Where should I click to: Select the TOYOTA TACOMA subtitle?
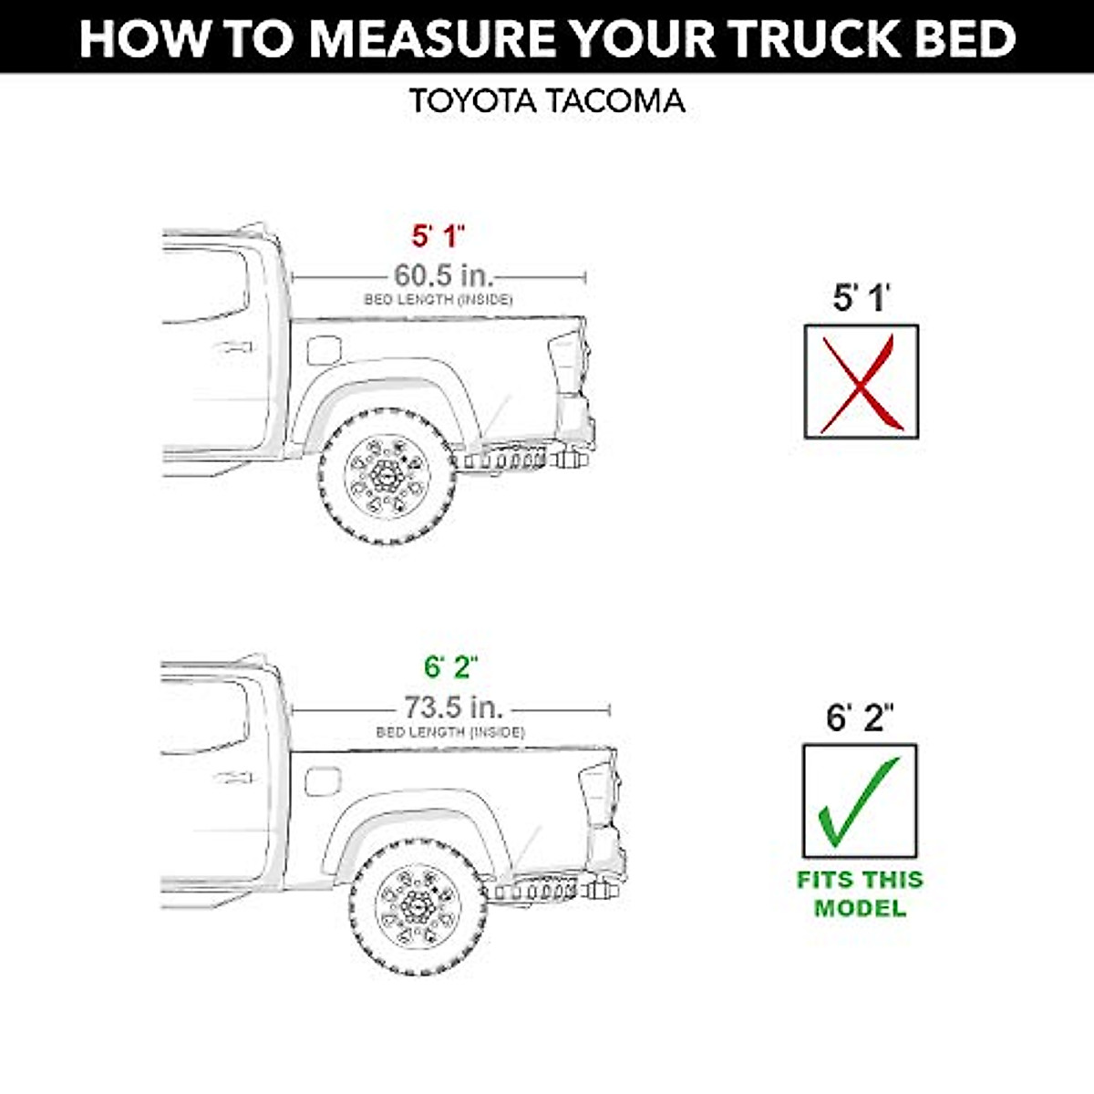pos(547,100)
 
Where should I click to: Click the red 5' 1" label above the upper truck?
pos(438,236)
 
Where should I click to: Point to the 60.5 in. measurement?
pos(443,275)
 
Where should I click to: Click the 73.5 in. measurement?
pos(453,707)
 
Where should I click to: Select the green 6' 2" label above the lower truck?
pos(451,667)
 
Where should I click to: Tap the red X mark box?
pos(861,382)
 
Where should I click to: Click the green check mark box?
pos(859,801)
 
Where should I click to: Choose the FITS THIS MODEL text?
pos(860,894)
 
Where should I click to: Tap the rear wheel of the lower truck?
pos(418,907)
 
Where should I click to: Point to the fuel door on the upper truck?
pos(324,351)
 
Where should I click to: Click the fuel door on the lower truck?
pos(323,781)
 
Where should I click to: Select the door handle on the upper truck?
pos(232,347)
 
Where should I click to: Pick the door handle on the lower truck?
pos(232,778)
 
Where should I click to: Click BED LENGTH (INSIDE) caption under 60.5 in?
pos(438,300)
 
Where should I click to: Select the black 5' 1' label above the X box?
pos(861,298)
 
